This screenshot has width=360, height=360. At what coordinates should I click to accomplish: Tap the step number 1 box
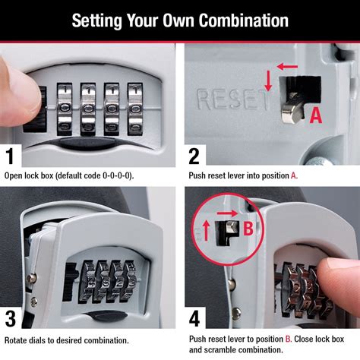(x=11, y=157)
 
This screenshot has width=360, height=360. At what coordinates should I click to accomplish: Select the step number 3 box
(x=11, y=318)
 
